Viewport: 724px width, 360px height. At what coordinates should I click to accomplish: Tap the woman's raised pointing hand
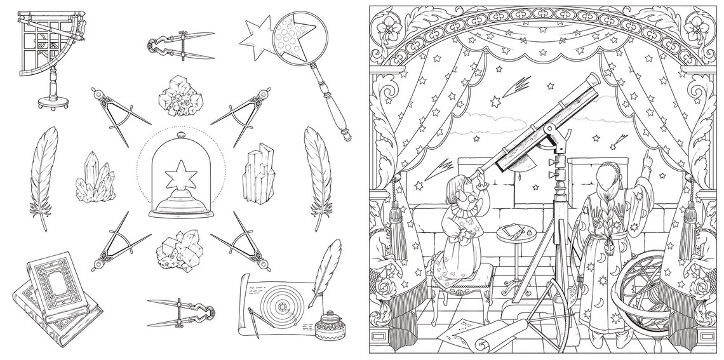coord(646,157)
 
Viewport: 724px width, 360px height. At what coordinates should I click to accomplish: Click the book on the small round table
coord(509,229)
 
